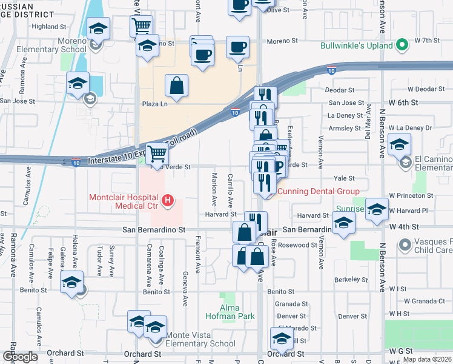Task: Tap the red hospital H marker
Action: pyautogui.click(x=169, y=199)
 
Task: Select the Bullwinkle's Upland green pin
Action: pyautogui.click(x=401, y=44)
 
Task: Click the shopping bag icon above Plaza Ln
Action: pyautogui.click(x=177, y=86)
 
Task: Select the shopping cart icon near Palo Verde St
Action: pyautogui.click(x=157, y=154)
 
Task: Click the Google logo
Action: pyautogui.click(x=20, y=357)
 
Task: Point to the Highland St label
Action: pyautogui.click(x=49, y=27)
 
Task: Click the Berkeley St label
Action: pyautogui.click(x=349, y=280)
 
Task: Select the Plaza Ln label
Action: pyautogui.click(x=154, y=104)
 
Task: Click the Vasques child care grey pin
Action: pyautogui.click(x=405, y=245)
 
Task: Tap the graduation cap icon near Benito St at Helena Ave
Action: pyautogui.click(x=71, y=282)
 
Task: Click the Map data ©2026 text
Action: pyautogui.click(x=426, y=359)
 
